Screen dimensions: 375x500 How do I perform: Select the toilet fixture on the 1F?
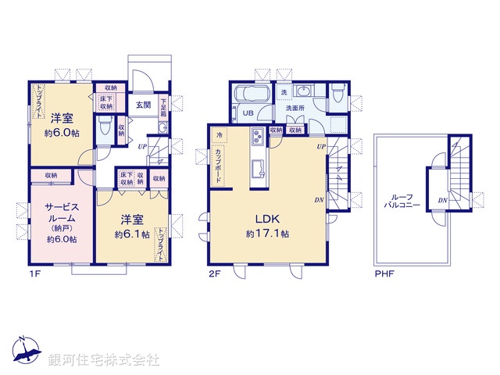point(105,128)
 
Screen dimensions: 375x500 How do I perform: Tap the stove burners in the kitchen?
point(257,140)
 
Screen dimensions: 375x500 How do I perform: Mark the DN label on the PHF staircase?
point(442,200)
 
